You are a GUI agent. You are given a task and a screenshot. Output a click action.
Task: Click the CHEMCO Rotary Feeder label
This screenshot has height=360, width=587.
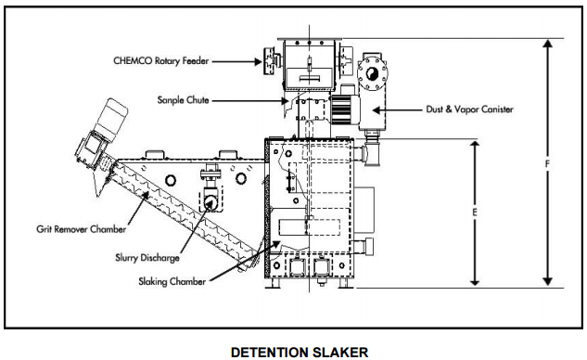pos(161,60)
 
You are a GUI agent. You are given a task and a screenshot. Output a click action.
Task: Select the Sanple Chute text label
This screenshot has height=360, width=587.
pos(183,100)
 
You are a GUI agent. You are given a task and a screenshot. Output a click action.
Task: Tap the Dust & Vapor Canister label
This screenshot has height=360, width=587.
pos(469,109)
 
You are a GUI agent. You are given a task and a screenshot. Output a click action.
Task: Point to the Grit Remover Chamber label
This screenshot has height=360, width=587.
pos(81,229)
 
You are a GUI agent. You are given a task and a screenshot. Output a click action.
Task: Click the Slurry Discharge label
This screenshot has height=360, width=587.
pos(147,258)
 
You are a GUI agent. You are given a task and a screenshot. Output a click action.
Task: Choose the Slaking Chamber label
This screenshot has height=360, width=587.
pos(172,281)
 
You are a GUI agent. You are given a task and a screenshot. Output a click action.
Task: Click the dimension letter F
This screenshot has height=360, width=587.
pos(547,164)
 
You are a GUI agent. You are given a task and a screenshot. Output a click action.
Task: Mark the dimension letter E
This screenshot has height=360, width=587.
pos(475,212)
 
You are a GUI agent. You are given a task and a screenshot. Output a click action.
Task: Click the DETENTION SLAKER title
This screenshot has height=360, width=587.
pos(300,353)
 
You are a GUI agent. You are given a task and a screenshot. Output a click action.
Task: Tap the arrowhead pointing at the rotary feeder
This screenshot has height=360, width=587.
pos(258,61)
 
